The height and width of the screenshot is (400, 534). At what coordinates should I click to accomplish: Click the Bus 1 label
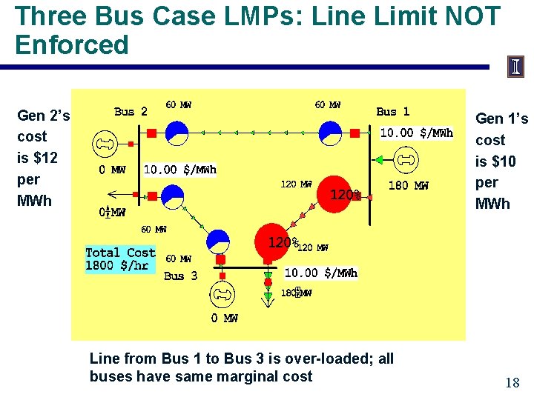click(392, 112)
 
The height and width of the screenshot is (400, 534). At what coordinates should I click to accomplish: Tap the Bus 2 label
click(131, 112)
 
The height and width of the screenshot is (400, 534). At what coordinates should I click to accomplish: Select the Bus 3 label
click(180, 276)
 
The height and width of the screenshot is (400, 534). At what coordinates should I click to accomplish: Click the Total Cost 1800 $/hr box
click(120, 259)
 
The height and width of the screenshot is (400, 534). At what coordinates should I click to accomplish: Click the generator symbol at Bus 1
click(405, 159)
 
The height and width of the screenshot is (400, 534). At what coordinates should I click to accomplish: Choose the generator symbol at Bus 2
click(103, 143)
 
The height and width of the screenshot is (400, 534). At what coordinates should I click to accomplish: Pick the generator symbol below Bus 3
click(222, 294)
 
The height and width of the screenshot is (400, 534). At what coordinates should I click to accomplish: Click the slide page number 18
click(512, 383)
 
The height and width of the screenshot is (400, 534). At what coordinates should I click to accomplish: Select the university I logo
click(515, 67)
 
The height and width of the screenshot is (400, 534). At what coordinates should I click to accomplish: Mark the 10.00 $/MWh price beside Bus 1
click(416, 133)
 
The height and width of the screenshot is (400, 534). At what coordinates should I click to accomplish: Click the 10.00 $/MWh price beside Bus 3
click(321, 273)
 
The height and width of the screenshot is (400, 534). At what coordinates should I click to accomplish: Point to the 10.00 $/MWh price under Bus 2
click(180, 170)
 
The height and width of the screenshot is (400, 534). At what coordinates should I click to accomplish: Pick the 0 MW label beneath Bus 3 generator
click(224, 319)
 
